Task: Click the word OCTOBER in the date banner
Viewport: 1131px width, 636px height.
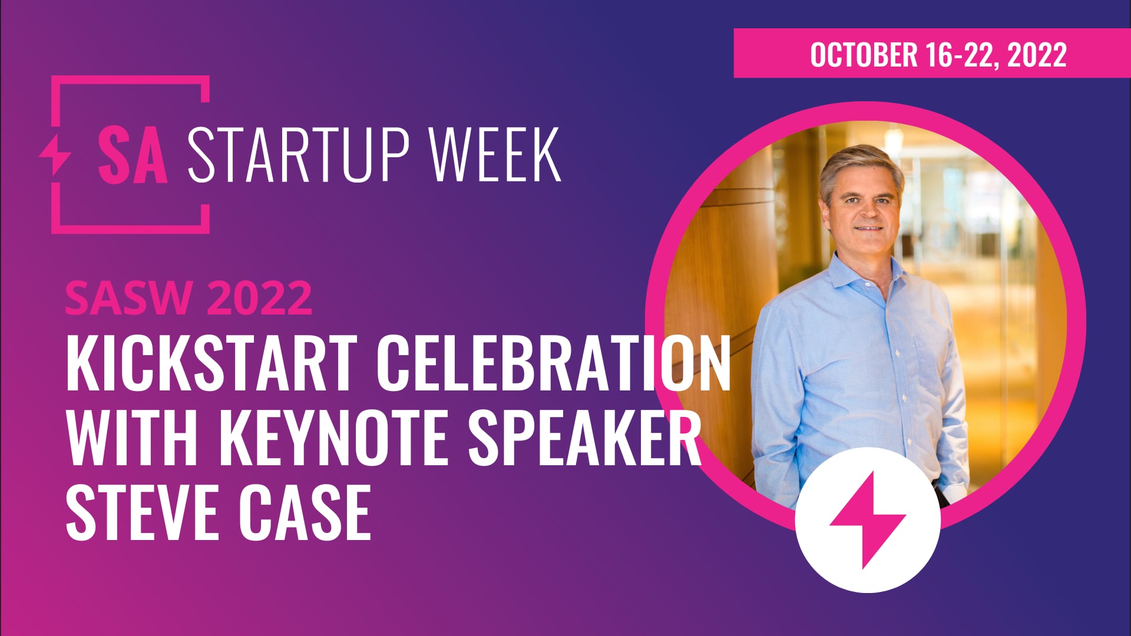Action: [864, 55]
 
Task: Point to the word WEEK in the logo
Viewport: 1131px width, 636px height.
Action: [495, 155]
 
